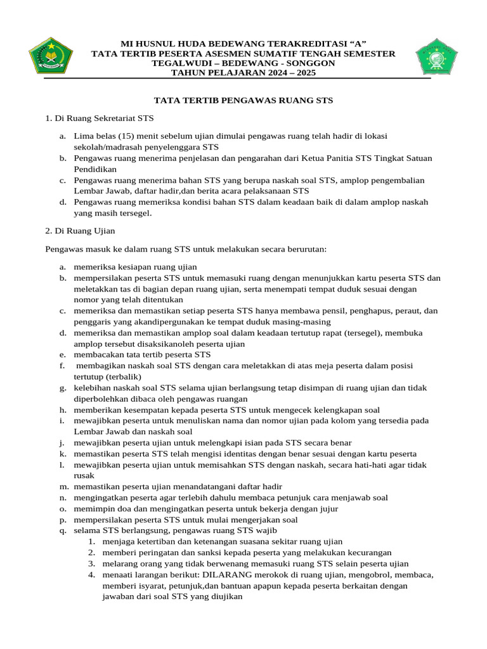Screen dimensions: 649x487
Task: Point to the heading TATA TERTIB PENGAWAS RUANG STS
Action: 244,101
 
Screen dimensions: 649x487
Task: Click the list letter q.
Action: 63,530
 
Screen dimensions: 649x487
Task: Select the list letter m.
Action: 64,487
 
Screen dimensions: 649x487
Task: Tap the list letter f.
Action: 63,366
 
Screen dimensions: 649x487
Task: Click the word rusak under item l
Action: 84,475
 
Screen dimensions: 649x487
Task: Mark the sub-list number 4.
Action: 91,575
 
